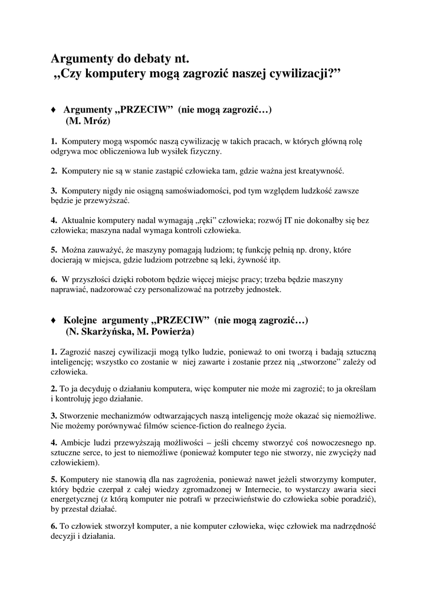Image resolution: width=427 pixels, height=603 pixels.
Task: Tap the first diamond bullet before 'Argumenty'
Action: (x=54, y=110)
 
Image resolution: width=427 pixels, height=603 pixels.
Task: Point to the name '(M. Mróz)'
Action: (x=88, y=121)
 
